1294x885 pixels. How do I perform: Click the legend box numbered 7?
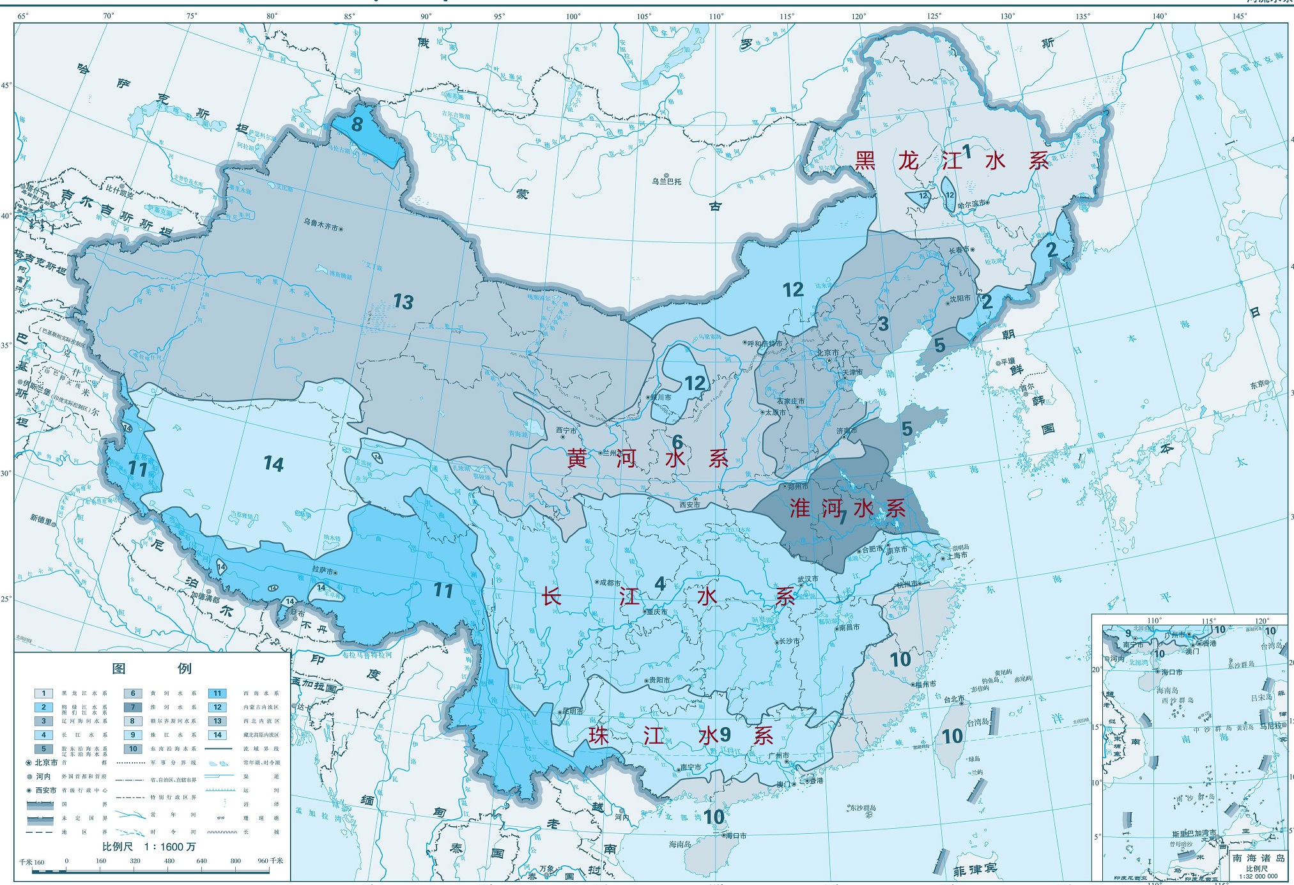coord(133,707)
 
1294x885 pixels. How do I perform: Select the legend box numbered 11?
coord(217,693)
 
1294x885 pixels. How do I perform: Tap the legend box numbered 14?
coord(217,735)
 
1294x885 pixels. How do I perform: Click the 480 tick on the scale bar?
coord(169,861)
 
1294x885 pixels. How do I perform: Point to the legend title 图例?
coord(151,668)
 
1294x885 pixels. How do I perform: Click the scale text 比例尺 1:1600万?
coord(149,847)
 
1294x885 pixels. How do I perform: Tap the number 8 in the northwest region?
coord(357,124)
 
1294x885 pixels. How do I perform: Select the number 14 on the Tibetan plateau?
coord(273,464)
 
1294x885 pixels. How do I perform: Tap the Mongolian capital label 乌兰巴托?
coord(666,181)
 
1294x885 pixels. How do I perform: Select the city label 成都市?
coord(610,582)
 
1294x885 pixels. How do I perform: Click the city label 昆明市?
coord(571,711)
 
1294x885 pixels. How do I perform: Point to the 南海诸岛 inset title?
coord(1258,858)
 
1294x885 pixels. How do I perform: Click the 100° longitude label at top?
coord(573,17)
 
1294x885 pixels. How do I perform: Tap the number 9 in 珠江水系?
coord(725,734)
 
